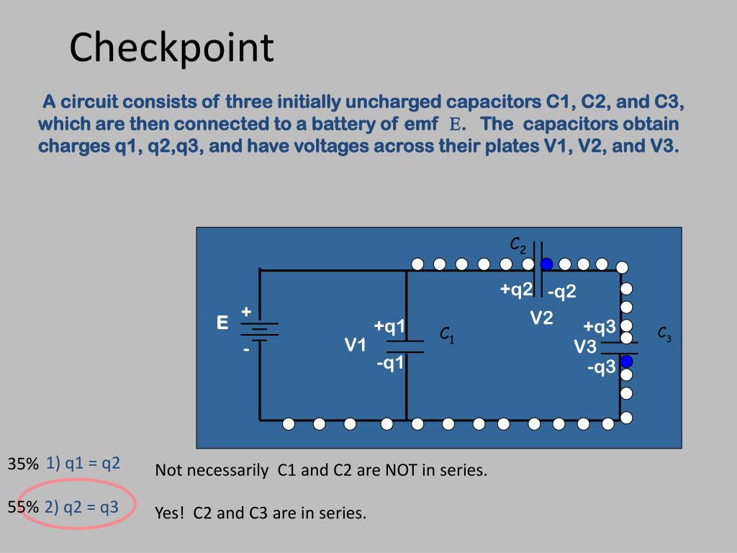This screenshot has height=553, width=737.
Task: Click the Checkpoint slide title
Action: [x=171, y=48]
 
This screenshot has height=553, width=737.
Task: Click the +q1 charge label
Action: [x=389, y=327]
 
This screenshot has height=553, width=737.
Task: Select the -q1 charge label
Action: [x=390, y=363]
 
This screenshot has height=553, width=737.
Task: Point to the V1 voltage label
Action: [x=355, y=346]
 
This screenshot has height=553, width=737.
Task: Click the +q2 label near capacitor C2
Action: [x=516, y=289]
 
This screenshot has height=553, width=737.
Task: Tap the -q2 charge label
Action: [x=561, y=292]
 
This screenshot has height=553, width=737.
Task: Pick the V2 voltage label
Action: [x=541, y=318]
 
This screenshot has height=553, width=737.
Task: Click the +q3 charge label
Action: [x=600, y=327]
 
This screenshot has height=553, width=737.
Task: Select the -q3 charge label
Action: [x=601, y=368]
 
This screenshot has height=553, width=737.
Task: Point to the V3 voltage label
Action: [x=585, y=347]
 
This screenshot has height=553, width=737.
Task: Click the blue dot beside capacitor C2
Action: [x=547, y=264]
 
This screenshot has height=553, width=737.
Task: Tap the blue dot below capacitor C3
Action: [x=626, y=361]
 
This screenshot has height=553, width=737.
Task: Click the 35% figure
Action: [x=23, y=464]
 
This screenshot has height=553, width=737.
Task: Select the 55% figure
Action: [x=23, y=508]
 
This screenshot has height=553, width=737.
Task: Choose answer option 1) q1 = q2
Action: [x=83, y=463]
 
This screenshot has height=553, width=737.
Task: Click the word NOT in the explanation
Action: [x=401, y=471]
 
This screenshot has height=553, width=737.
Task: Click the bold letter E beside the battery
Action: [x=223, y=323]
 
